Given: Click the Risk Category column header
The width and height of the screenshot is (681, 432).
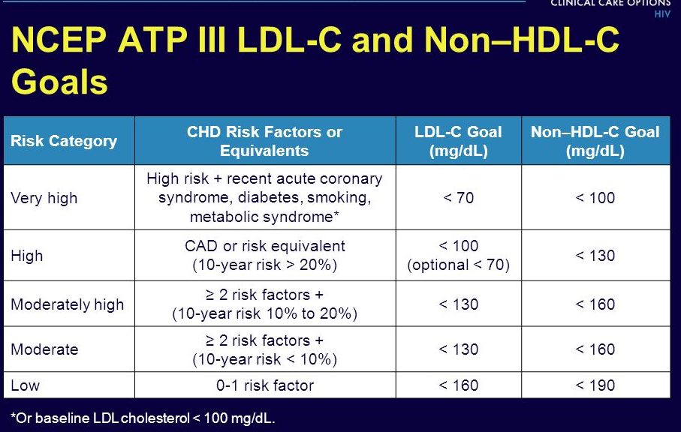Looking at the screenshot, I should coord(64,141).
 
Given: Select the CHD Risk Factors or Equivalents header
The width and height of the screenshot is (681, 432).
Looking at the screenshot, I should coord(264,141).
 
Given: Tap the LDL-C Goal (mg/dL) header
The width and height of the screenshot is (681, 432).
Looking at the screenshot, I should coord(458,141).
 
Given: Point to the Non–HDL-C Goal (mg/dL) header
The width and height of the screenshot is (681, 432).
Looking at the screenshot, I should coord(595,141).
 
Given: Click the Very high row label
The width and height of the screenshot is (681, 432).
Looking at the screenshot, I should coord(44,198).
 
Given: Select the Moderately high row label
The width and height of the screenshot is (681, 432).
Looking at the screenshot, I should coord(67,304).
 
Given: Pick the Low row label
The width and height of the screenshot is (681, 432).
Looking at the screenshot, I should coord(25,385).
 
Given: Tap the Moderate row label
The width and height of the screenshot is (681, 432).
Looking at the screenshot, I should coord(44,349).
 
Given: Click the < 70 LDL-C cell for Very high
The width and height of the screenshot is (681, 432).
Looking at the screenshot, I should coord(458,198).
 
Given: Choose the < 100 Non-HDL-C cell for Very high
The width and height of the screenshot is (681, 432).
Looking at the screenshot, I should coord(595,198).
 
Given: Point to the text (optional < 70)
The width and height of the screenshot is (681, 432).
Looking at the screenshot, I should coord(458,264).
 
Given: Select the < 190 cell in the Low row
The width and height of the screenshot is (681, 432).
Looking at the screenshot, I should coord(595,385).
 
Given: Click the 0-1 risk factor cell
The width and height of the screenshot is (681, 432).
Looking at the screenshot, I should coord(264,385).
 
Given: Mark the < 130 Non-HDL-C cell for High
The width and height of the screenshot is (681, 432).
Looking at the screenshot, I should coord(595,255).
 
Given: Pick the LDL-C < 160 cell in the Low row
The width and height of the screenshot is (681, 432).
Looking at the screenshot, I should coord(458,385).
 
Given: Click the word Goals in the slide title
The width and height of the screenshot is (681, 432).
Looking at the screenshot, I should coord(59,82).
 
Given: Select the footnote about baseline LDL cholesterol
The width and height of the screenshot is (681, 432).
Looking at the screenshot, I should coord(143,418).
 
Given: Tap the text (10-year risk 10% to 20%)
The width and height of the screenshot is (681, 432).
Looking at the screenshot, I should coord(264,313).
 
